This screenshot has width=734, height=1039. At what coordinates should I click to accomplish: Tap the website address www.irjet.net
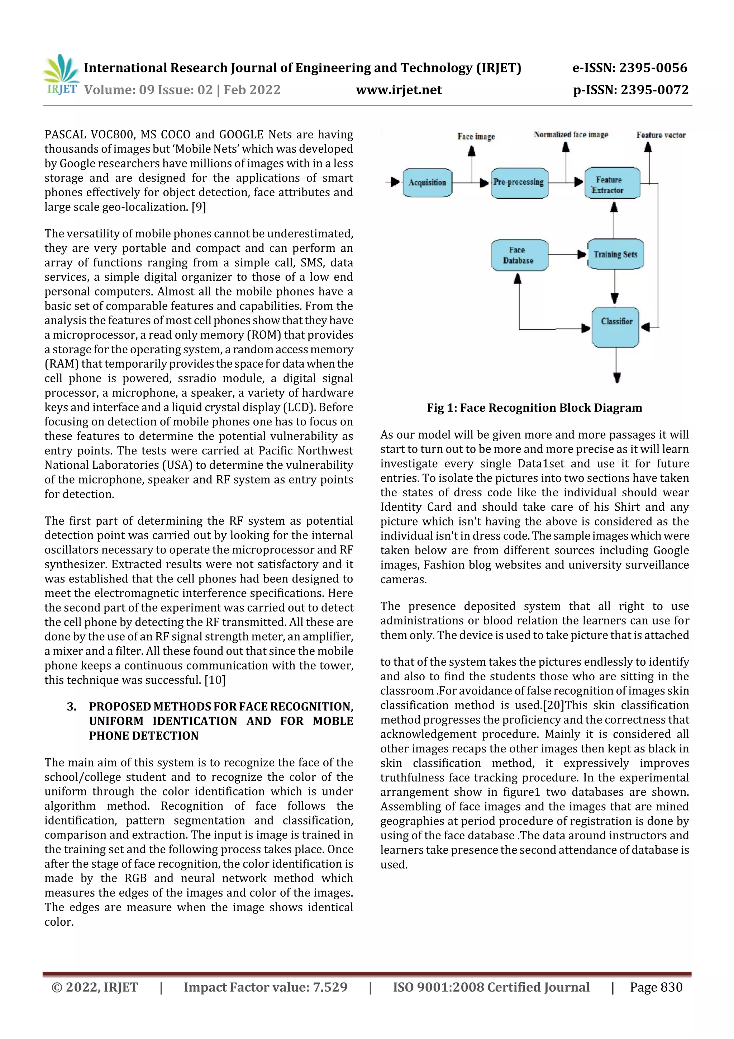pos(399,90)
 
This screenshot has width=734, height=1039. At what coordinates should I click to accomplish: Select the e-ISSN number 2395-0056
pos(653,68)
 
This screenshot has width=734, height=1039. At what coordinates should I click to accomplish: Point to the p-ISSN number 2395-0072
pos(654,90)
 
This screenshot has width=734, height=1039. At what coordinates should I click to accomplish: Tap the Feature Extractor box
pos(612,184)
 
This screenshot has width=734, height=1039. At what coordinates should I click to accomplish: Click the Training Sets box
pos(615,254)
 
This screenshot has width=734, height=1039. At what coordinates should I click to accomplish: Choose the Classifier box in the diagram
pos(615,327)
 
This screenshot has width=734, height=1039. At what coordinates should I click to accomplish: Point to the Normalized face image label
pos(571,134)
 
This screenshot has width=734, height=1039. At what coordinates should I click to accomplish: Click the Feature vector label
pos(660,135)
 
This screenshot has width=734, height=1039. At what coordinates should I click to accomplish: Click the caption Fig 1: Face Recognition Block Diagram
pos(534,408)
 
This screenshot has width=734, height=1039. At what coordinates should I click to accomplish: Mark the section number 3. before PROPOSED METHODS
pos(71,707)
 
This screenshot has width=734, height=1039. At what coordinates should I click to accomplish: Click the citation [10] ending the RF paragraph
pos(215,680)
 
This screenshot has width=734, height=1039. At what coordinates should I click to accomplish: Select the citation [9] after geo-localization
pos(199,207)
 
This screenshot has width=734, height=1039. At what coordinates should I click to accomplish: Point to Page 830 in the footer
pos(656,987)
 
